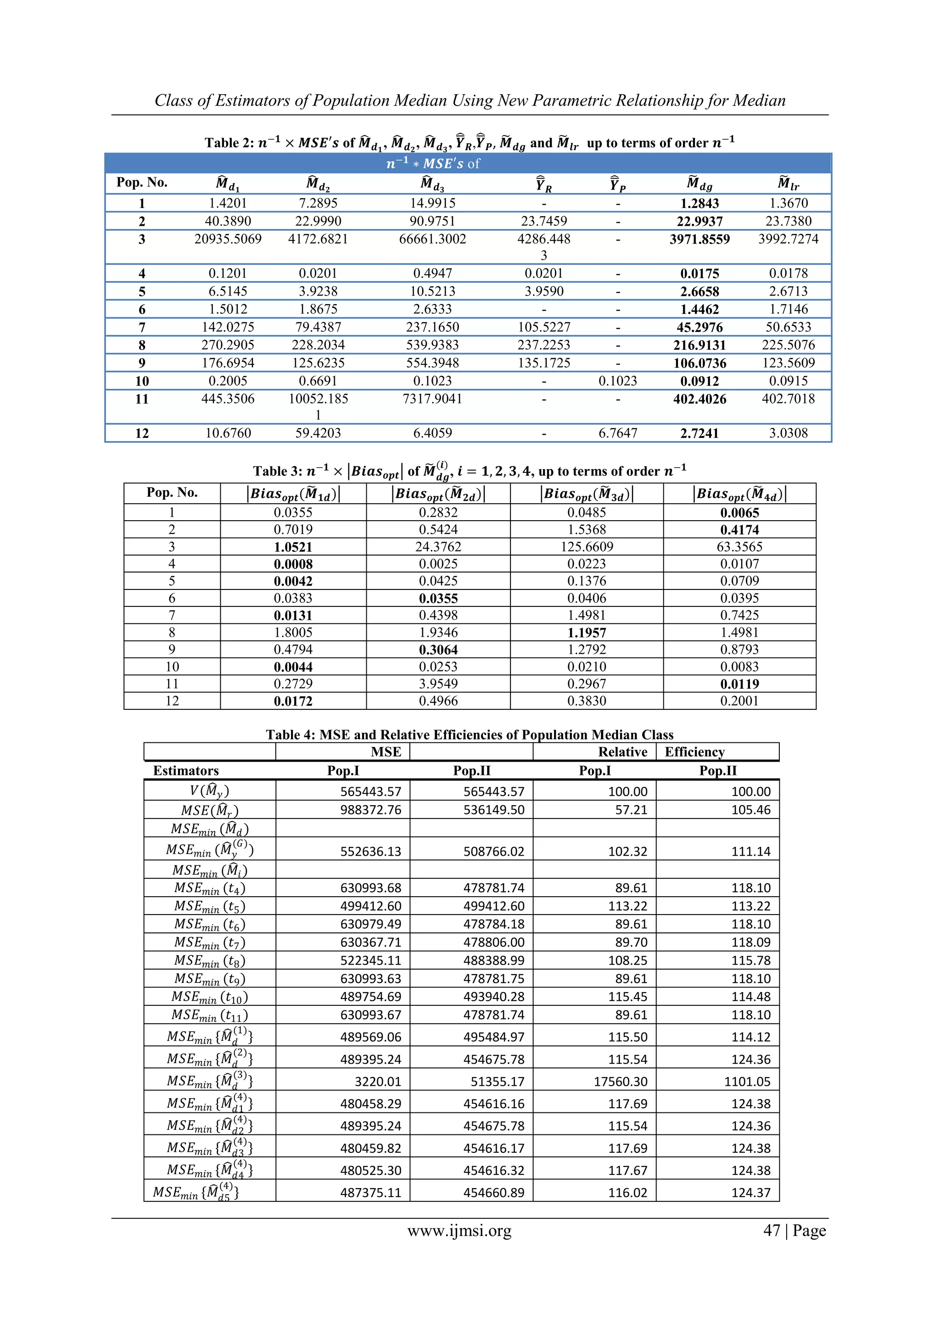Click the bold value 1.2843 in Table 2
(x=699, y=203)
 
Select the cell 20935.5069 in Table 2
(x=228, y=239)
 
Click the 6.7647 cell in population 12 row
(x=617, y=433)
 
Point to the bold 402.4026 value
(x=699, y=399)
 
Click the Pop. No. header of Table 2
(x=142, y=182)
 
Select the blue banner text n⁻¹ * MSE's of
(x=433, y=164)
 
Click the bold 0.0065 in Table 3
(x=739, y=513)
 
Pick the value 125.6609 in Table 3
(x=586, y=547)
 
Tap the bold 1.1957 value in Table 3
(x=586, y=633)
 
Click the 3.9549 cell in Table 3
(x=438, y=684)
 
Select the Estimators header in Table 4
(x=186, y=770)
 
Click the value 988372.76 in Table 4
(x=371, y=810)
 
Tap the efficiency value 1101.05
(x=747, y=1082)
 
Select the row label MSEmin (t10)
(x=210, y=997)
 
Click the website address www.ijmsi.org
(x=459, y=1230)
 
